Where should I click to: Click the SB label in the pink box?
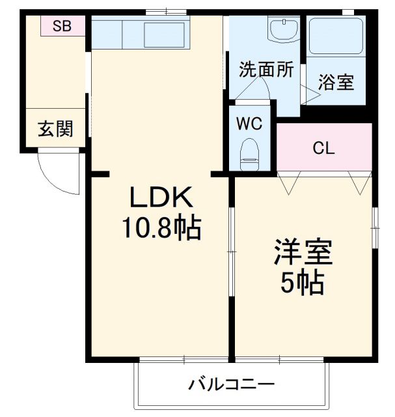coord(62,26)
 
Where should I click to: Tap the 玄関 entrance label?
coord(55,129)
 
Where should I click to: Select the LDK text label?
coord(160,196)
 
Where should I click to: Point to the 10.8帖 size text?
coord(160,227)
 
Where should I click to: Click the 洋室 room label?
coord(303,252)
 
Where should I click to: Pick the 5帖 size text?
coord(303,281)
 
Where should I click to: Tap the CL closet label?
coord(323,148)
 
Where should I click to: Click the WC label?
coord(249,124)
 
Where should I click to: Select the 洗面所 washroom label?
coord(266,70)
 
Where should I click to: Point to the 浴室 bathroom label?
coord(336,83)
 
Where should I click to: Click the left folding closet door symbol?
coord(288,182)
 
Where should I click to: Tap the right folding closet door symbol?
coord(359,182)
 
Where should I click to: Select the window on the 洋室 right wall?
coord(375,227)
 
